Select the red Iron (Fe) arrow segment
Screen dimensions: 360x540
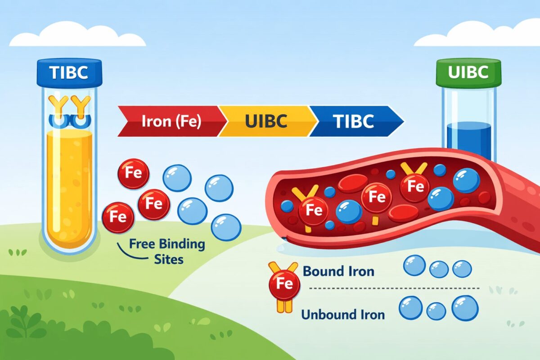(x=169, y=121)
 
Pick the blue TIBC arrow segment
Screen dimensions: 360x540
(x=355, y=121)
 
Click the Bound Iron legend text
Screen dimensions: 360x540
(x=338, y=272)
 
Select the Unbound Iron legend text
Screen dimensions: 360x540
(x=343, y=314)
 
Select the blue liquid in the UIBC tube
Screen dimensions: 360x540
(x=468, y=139)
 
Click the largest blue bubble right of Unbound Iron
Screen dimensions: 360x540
(x=465, y=308)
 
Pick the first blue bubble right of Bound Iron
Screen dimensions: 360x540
(x=414, y=266)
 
